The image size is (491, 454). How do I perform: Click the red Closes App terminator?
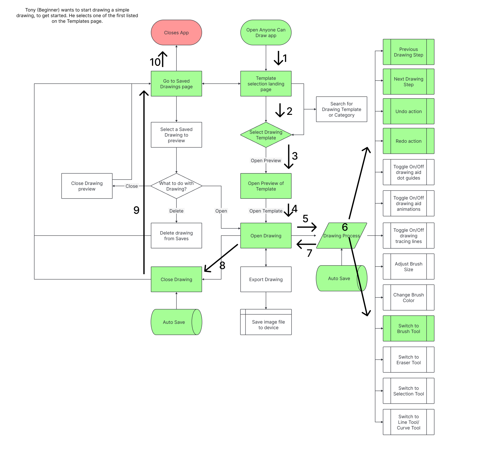tap(176, 32)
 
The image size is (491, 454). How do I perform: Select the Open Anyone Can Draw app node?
tap(266, 32)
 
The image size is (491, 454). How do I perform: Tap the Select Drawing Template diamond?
tap(266, 135)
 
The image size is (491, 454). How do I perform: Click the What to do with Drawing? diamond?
tap(176, 186)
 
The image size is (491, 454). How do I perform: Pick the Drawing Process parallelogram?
tap(341, 236)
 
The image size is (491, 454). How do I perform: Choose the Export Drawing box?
tap(266, 279)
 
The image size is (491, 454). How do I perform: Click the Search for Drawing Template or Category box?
tap(341, 109)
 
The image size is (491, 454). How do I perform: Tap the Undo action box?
tap(408, 111)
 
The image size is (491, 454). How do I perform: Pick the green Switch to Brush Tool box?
tap(408, 328)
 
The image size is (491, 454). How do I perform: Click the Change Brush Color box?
tap(408, 297)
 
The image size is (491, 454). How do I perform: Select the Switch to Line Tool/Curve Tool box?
tap(408, 422)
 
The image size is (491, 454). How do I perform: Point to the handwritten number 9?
tap(136, 210)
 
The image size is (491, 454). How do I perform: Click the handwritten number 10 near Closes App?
tap(155, 62)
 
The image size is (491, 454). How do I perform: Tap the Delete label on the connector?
tap(176, 211)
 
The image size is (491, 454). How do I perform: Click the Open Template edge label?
tap(266, 211)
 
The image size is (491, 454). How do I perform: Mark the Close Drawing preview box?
tap(87, 186)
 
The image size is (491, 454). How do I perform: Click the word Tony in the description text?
tap(30, 10)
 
